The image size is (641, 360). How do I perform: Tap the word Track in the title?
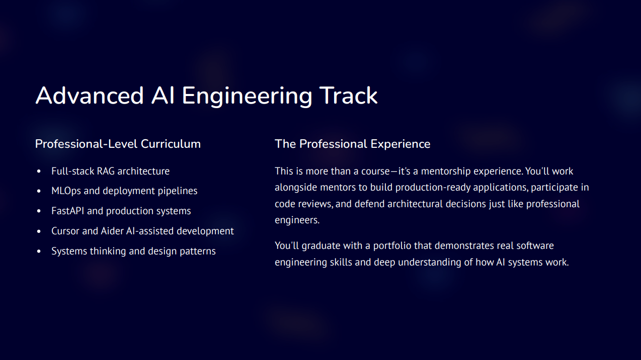[x=349, y=96]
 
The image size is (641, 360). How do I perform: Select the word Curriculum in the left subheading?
[x=171, y=144]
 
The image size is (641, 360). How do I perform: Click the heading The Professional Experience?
[x=352, y=144]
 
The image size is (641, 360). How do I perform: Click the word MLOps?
[x=66, y=191]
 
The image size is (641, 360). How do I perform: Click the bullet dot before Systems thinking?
[x=39, y=251]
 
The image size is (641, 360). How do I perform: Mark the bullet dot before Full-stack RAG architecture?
[x=39, y=171]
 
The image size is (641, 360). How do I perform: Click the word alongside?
[x=296, y=188]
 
